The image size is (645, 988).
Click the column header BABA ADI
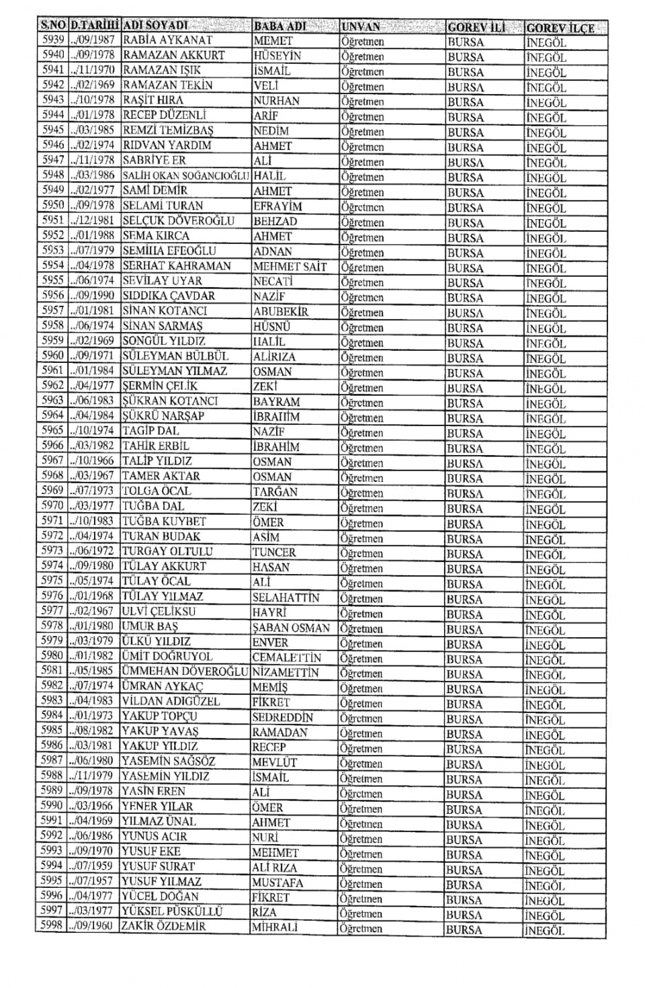coord(280,26)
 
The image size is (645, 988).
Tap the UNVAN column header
coord(361,27)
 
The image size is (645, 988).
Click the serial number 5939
coord(52,40)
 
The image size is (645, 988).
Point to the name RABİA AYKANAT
coord(168,40)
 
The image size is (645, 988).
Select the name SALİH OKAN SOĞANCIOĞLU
coord(186,175)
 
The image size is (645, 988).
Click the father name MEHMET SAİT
coord(290,266)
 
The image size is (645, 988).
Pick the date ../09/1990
coord(93,296)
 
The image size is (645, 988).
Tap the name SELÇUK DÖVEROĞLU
coord(178,220)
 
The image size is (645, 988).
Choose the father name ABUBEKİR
coord(281,311)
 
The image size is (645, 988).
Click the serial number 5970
coord(52,506)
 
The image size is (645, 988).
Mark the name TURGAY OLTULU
coord(167,551)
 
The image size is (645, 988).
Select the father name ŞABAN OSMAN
coord(292,627)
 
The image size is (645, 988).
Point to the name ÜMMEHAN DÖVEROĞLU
coord(185,671)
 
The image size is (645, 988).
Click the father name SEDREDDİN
coord(282,717)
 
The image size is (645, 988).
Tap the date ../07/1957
coord(93,881)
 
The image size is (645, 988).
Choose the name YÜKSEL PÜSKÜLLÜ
coord(172,911)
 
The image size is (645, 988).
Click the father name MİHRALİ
coord(274,927)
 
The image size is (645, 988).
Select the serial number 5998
coord(52,926)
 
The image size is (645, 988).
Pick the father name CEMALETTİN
coord(286,657)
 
